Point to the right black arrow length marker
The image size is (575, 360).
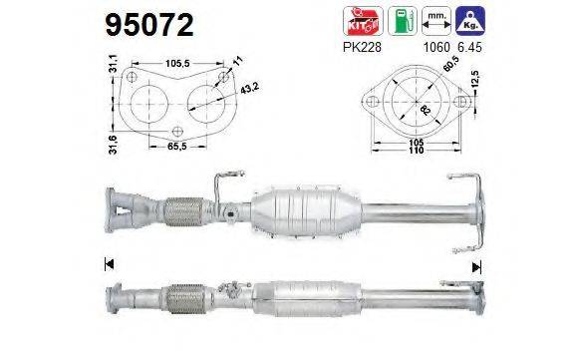477,265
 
